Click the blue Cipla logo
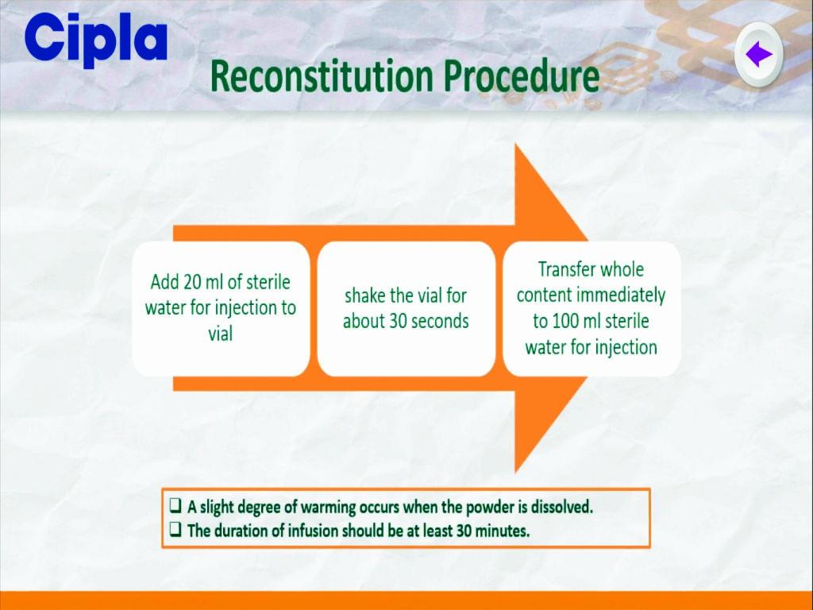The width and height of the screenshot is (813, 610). tap(95, 39)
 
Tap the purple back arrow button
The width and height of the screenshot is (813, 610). tap(758, 54)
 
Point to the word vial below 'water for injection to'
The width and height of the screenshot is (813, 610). tap(221, 334)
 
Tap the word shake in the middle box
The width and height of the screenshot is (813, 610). tap(364, 295)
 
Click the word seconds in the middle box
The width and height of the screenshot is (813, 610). tap(441, 321)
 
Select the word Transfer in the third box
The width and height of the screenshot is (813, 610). tap(565, 270)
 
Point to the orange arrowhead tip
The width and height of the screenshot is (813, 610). tap(588, 309)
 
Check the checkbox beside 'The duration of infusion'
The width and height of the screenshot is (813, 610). tap(175, 529)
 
